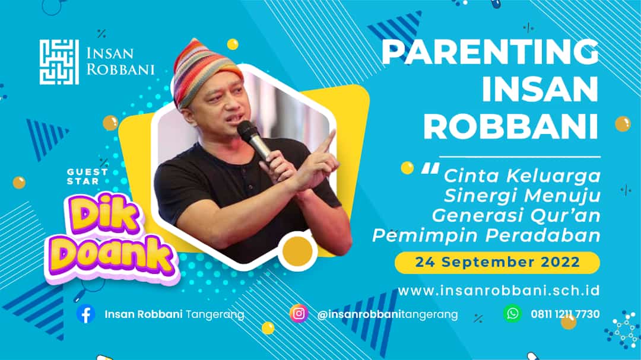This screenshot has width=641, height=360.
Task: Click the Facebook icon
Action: pos(86,314)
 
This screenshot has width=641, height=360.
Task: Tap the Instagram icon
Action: pos(299,313)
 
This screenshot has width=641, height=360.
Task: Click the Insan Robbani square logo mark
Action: pos(59,62)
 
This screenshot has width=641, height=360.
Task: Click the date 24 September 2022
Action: pos(497,262)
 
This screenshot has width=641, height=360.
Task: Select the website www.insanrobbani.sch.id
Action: pos(499,291)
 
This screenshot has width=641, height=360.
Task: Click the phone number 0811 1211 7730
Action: pos(565,314)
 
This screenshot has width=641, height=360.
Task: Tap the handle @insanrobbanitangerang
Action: pos(388,314)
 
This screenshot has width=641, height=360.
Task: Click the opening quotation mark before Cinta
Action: pos(426,168)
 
